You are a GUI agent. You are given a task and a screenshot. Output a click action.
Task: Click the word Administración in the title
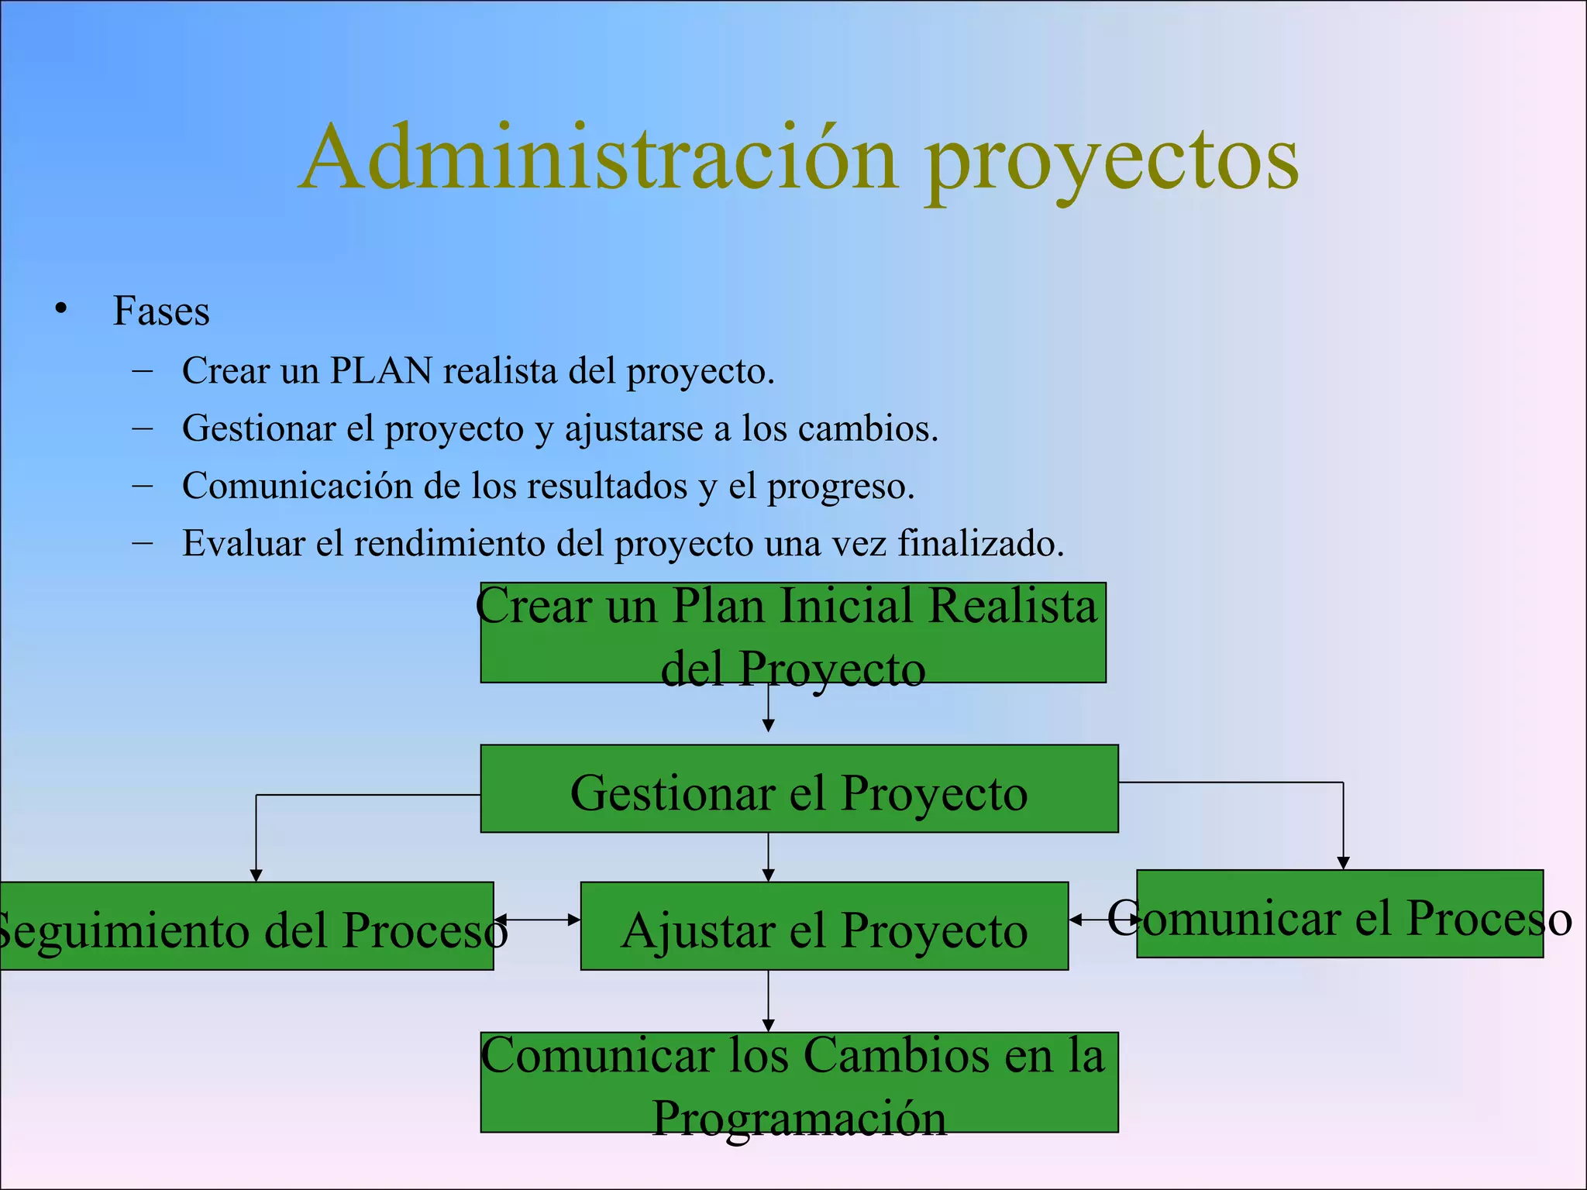[597, 158]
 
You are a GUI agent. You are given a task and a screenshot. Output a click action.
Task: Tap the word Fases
[161, 311]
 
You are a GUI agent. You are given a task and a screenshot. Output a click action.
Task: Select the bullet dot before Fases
[61, 309]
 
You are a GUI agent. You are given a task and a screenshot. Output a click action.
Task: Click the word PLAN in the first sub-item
[380, 370]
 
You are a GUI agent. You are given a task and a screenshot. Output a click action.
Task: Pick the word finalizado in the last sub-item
[979, 543]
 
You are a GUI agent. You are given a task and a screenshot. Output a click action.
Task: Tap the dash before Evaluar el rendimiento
[142, 542]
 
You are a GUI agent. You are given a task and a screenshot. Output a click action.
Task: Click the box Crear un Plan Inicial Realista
[793, 633]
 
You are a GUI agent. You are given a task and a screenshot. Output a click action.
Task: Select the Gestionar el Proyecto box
[799, 789]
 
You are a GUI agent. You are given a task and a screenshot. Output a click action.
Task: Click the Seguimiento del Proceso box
[246, 926]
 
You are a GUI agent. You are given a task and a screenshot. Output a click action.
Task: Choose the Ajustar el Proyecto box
[824, 927]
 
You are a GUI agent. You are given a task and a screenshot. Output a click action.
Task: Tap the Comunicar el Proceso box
[1339, 914]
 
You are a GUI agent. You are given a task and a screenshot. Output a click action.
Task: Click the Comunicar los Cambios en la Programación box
[799, 1082]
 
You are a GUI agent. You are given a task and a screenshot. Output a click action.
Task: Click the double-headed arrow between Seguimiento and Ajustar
[537, 920]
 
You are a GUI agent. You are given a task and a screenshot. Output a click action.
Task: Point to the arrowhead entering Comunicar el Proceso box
[1343, 863]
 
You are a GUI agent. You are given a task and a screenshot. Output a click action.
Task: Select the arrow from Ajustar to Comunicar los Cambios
[768, 1000]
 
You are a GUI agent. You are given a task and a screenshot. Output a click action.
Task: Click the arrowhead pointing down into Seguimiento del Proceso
[256, 875]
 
